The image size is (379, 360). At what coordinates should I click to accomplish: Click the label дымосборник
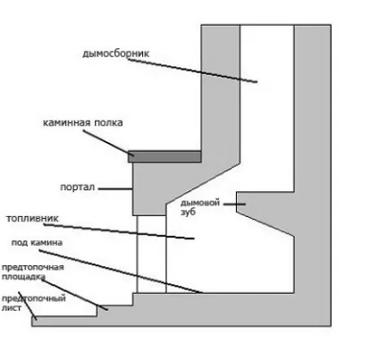coord(116,54)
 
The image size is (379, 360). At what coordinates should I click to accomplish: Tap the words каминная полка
coord(83,122)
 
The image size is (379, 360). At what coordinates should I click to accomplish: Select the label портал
coord(78,188)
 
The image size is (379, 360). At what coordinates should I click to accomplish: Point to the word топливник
coord(32,219)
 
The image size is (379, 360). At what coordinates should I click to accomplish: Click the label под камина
coord(37,243)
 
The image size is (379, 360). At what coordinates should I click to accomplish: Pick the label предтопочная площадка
coord(33,272)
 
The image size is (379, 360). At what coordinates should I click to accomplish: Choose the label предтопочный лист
coord(34,303)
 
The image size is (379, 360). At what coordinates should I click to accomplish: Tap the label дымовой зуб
coord(200,207)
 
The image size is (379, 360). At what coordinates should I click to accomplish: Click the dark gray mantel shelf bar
coord(164,156)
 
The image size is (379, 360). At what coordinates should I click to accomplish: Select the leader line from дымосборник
coord(192,71)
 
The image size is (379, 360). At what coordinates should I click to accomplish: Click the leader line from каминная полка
coord(108,143)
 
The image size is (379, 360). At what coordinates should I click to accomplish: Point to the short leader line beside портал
coord(115,188)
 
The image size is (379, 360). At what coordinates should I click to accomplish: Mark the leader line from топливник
coord(119,231)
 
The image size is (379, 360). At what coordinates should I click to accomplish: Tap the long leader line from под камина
coord(121,272)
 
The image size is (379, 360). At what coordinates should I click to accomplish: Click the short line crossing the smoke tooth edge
coord(234,204)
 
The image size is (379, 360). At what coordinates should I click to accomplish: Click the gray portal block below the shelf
coord(149,188)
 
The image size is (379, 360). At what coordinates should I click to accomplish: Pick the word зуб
coord(188,212)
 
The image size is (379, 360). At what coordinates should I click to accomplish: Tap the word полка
coord(108,122)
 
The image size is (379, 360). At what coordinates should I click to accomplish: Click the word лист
coord(12,307)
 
